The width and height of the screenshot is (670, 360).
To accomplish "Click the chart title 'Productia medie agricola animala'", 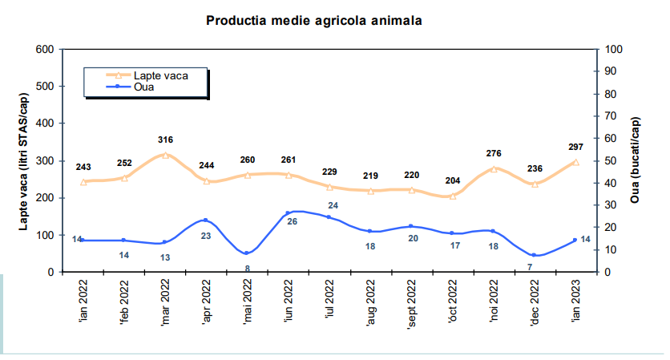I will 313,20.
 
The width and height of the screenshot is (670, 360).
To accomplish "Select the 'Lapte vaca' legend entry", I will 160,75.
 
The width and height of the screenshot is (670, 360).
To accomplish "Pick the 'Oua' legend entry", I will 144,87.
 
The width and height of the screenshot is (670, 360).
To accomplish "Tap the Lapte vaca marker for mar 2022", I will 165,155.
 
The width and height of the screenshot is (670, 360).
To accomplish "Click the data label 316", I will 165,140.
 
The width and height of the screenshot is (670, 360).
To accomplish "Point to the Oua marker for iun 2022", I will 289,213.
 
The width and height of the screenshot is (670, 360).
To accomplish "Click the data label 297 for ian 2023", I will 575,147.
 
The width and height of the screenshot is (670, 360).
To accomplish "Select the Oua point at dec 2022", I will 534,255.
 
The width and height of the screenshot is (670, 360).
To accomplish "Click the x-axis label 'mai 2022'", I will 248,303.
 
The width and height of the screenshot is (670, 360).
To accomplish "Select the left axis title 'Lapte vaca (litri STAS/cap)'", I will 24,161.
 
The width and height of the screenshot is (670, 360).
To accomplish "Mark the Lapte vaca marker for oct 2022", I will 453,196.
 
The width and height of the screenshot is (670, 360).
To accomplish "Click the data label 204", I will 453,181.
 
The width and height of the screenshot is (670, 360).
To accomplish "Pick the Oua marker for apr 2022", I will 206,220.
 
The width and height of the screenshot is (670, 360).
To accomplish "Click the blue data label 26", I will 292,221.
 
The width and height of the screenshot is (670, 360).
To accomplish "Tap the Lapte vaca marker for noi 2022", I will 494,169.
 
